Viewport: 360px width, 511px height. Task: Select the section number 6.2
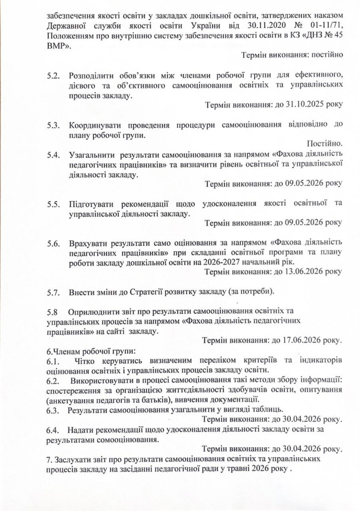(x=52, y=380)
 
